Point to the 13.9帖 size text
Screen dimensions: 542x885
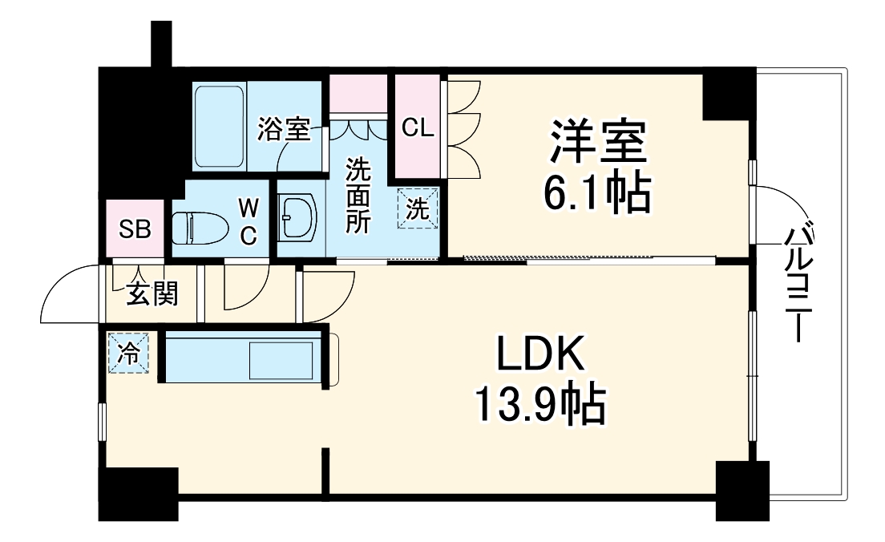pos(538,406)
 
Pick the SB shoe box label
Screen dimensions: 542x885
pos(135,229)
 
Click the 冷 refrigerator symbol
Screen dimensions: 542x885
pos(129,352)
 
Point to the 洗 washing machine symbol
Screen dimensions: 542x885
pos(419,209)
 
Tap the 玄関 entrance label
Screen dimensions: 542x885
pos(152,295)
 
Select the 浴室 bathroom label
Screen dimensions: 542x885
pos(283,129)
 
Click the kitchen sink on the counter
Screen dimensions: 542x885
pos(282,361)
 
